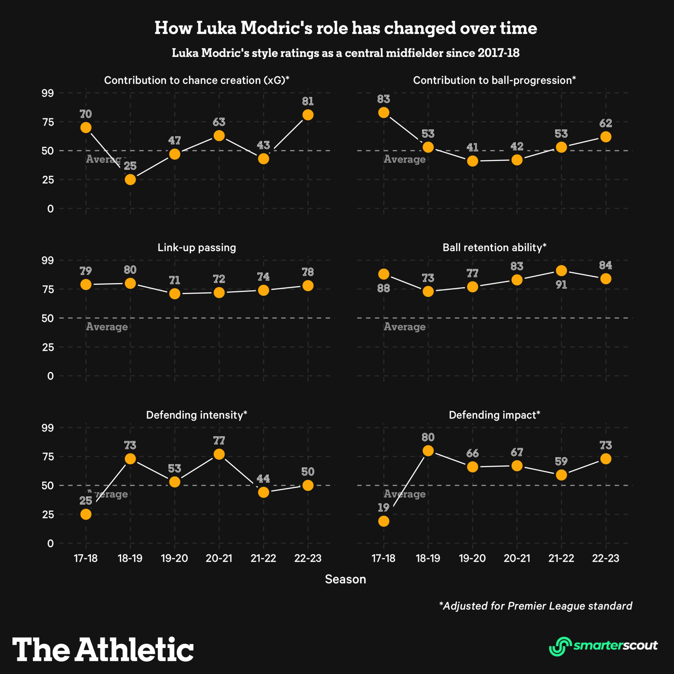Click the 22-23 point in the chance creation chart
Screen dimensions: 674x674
tap(308, 115)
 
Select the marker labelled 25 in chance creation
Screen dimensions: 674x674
tap(130, 180)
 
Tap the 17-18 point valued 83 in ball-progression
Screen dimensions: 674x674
tap(384, 112)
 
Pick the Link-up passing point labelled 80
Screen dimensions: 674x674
tap(130, 283)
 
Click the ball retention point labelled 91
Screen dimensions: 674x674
tap(561, 271)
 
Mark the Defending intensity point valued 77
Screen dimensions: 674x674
tap(219, 454)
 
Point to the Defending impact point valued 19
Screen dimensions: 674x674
tap(384, 521)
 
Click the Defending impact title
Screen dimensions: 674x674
tap(494, 415)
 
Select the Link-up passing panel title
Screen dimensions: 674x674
tap(197, 247)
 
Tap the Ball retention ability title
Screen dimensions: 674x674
tap(494, 247)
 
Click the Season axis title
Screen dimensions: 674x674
tap(345, 579)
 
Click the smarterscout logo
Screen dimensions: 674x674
tap(603, 646)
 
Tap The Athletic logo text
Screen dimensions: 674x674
tap(103, 650)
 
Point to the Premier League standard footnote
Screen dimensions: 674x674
tap(535, 606)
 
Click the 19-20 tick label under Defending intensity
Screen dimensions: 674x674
tap(174, 558)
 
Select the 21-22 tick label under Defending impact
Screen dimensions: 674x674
tap(561, 558)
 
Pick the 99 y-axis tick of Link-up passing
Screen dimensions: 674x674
tap(48, 260)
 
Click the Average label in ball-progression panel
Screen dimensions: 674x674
tap(405, 159)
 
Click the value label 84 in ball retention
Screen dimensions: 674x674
tap(606, 266)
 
